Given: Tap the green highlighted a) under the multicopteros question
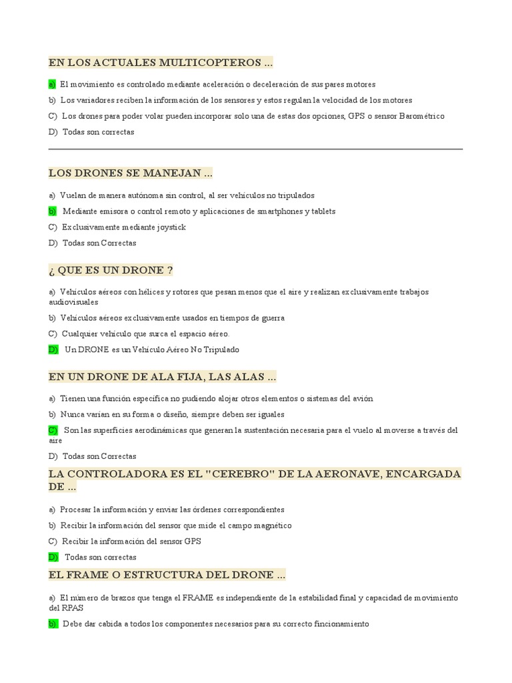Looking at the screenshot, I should (52, 85).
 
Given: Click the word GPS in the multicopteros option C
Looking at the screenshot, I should (356, 116).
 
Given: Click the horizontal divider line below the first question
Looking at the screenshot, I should (255, 149).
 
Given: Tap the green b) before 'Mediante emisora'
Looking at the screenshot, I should (53, 211).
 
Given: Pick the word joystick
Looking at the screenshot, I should (171, 227).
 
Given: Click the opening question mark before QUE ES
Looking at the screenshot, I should (51, 270).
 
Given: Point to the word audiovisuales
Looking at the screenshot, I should (73, 302).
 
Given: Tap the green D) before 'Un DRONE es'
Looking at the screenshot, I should (53, 350).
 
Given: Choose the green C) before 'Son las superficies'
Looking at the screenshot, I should (53, 430).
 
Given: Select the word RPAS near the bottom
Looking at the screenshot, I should (74, 608).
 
